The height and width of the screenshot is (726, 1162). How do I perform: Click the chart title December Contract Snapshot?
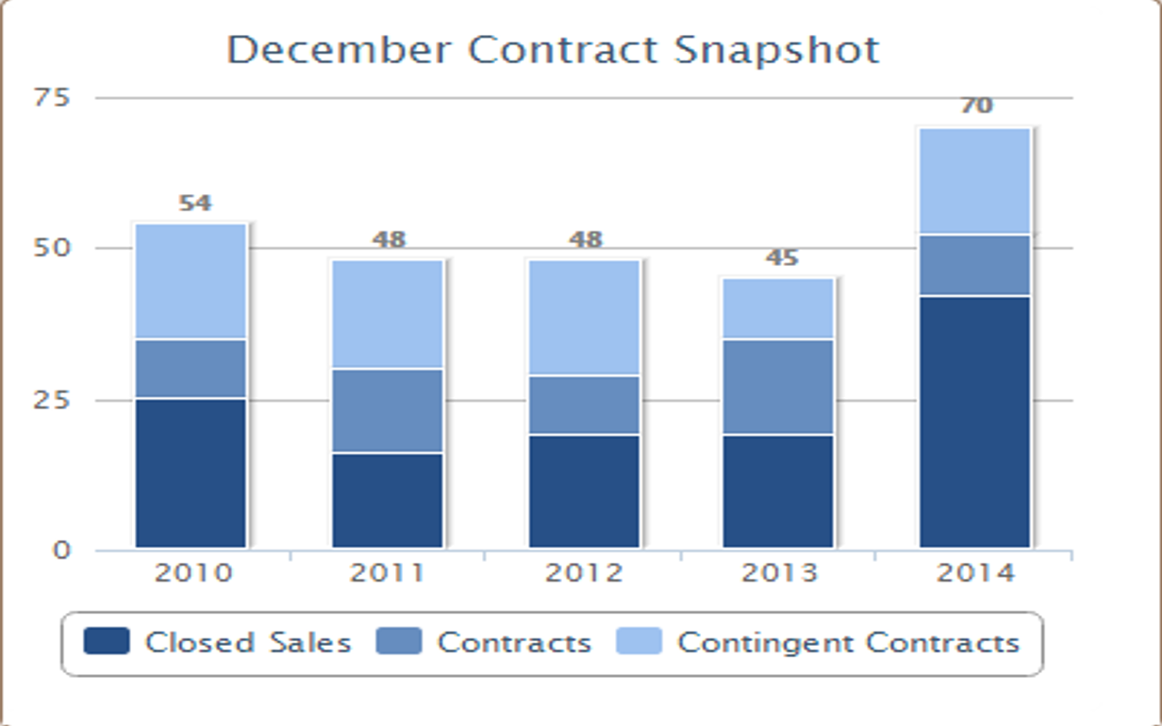coord(553,50)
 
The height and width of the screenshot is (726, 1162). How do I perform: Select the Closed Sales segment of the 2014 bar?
coord(975,421)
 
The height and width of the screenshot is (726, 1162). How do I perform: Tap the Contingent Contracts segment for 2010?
coord(191,281)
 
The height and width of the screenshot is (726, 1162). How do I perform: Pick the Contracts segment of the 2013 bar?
coord(779,387)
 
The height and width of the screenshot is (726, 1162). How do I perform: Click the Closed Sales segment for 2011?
coord(387,500)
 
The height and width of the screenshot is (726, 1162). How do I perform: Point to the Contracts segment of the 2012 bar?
coord(584,405)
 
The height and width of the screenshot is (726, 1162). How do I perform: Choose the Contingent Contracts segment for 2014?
coord(975,181)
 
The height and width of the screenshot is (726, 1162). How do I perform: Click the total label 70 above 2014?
coord(976,106)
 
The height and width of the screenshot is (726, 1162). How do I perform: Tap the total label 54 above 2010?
coord(195,203)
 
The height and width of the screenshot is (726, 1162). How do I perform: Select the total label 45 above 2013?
coord(782,257)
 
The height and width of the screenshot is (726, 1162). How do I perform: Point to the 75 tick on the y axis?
coord(53,97)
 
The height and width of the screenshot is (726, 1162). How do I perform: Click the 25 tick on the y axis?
coord(53,400)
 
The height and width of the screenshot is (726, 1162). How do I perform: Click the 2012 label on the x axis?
coord(583,573)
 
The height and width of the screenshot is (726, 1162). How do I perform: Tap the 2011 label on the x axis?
coord(387,573)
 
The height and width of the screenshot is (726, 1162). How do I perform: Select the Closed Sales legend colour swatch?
coord(106,642)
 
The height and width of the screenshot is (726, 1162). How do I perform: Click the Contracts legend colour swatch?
coord(398,642)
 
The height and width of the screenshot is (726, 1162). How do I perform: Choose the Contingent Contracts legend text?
coord(848,642)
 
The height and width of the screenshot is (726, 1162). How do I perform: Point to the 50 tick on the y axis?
coord(53,248)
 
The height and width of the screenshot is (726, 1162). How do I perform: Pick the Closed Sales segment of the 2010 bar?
coord(191,473)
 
